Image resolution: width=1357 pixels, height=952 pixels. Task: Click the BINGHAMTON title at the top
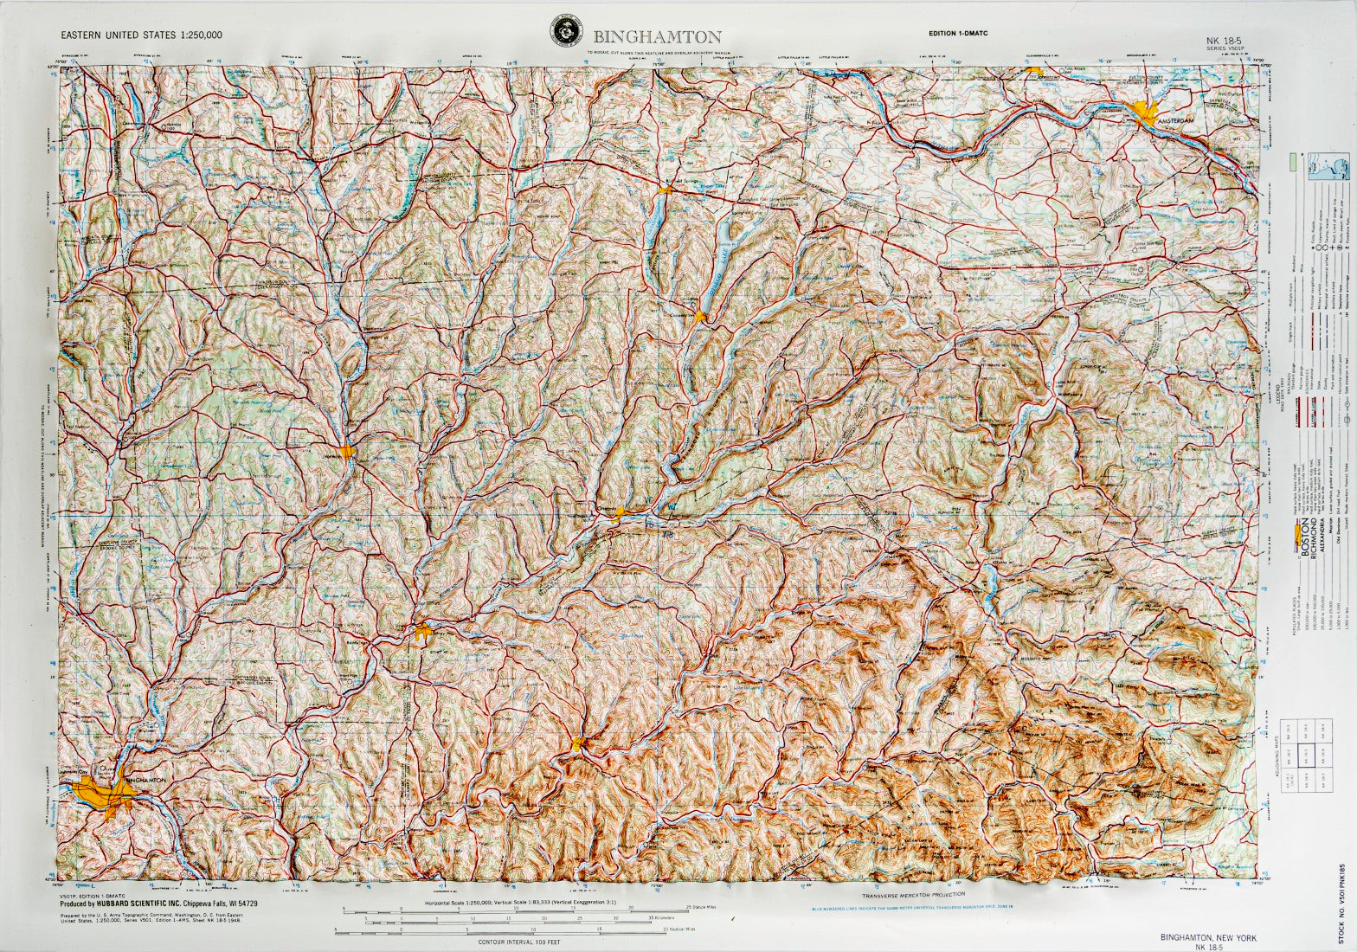657,36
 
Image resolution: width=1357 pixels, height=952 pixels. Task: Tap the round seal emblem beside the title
567,35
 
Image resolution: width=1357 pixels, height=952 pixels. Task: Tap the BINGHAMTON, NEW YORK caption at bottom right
1208,938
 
